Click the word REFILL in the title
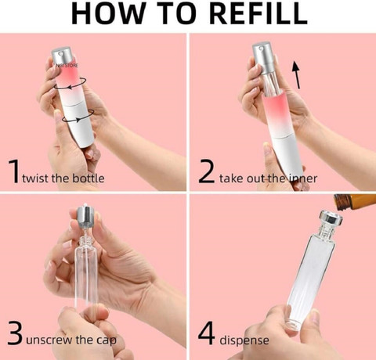pos(258,13)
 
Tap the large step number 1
pos(13,171)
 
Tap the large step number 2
pos(206,171)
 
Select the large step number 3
pos(15,333)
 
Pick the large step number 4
pos(206,333)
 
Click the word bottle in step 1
pos(89,178)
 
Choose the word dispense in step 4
pos(244,340)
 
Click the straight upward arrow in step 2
pos(296,75)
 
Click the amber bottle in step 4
pos(355,202)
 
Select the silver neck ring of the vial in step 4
pos(331,218)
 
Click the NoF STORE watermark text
pos(67,65)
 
